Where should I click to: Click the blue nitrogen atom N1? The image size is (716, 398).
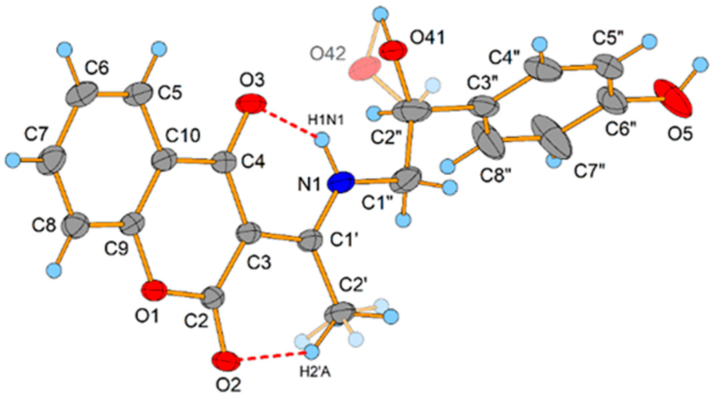(341, 182)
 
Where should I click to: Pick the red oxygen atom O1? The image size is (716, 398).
(154, 291)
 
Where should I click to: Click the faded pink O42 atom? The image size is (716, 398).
(364, 69)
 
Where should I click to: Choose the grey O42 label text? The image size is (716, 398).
(327, 54)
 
